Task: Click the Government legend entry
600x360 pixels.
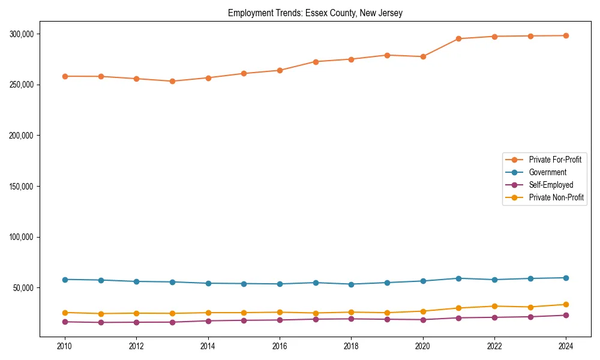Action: click(547, 172)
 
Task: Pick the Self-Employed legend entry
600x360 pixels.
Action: click(551, 185)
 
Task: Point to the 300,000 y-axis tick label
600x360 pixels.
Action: click(22, 34)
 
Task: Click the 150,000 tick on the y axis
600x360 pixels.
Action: click(22, 187)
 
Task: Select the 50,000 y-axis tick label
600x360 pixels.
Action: click(23, 288)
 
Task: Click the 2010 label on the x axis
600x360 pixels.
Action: click(65, 346)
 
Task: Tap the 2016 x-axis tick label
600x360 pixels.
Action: click(280, 346)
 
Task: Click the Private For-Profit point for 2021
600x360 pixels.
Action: click(458, 38)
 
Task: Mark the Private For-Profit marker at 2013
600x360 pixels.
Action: click(172, 81)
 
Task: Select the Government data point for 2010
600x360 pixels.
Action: click(65, 280)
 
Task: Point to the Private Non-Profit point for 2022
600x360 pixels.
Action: click(494, 306)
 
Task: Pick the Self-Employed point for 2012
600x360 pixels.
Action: click(136, 322)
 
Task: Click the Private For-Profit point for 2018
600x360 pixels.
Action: click(351, 59)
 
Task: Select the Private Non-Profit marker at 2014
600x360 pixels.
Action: click(208, 313)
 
